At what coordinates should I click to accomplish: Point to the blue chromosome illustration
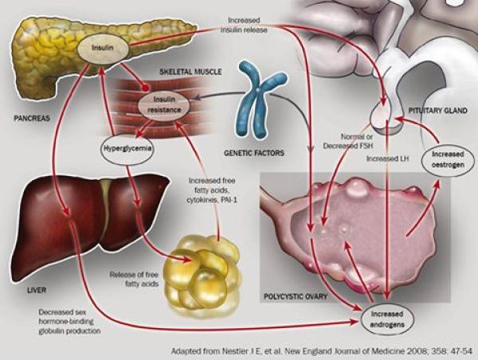coord(258,100)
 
